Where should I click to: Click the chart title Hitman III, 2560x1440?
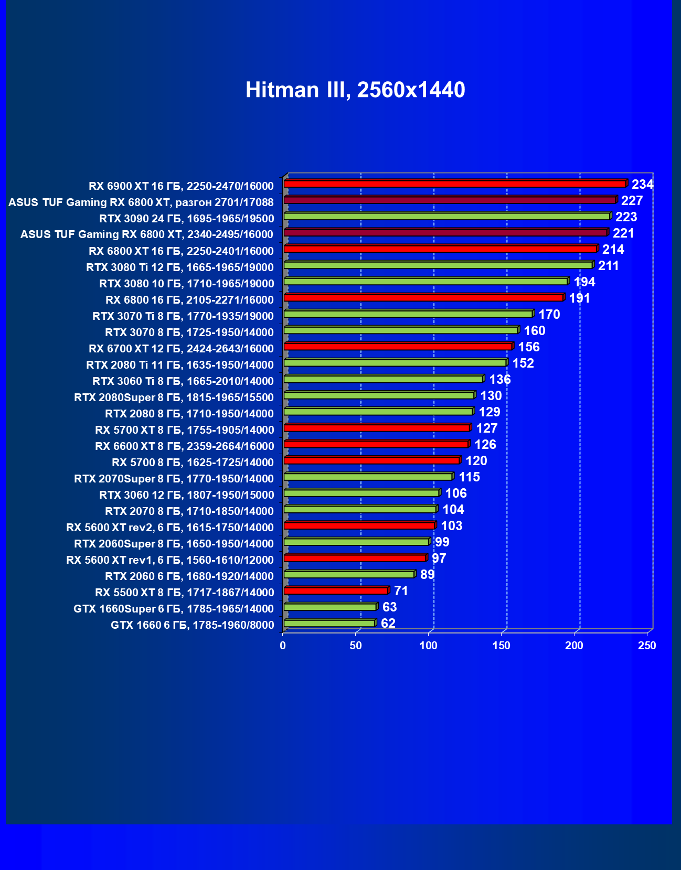point(355,90)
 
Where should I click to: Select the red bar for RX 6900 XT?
point(454,184)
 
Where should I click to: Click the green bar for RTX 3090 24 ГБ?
point(446,216)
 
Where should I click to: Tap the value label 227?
point(632,201)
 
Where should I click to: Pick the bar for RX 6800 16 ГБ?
point(423,298)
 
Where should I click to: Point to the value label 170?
point(549,315)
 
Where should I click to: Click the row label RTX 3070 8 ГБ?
point(189,332)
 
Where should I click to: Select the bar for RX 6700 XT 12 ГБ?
point(398,347)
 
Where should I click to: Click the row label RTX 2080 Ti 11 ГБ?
point(180,365)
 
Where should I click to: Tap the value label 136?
point(499,380)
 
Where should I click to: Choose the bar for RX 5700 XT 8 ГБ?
point(377,428)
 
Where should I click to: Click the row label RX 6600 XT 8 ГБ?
point(184,446)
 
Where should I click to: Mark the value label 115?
point(469,477)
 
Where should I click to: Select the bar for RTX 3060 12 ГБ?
point(361,493)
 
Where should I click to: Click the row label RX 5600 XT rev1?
point(170,560)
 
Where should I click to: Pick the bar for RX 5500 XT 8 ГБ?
point(336,590)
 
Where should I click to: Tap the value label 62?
point(388,624)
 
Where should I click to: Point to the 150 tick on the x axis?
point(501,646)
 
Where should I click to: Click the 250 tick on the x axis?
point(647,646)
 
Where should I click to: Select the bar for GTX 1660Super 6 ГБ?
point(330,607)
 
